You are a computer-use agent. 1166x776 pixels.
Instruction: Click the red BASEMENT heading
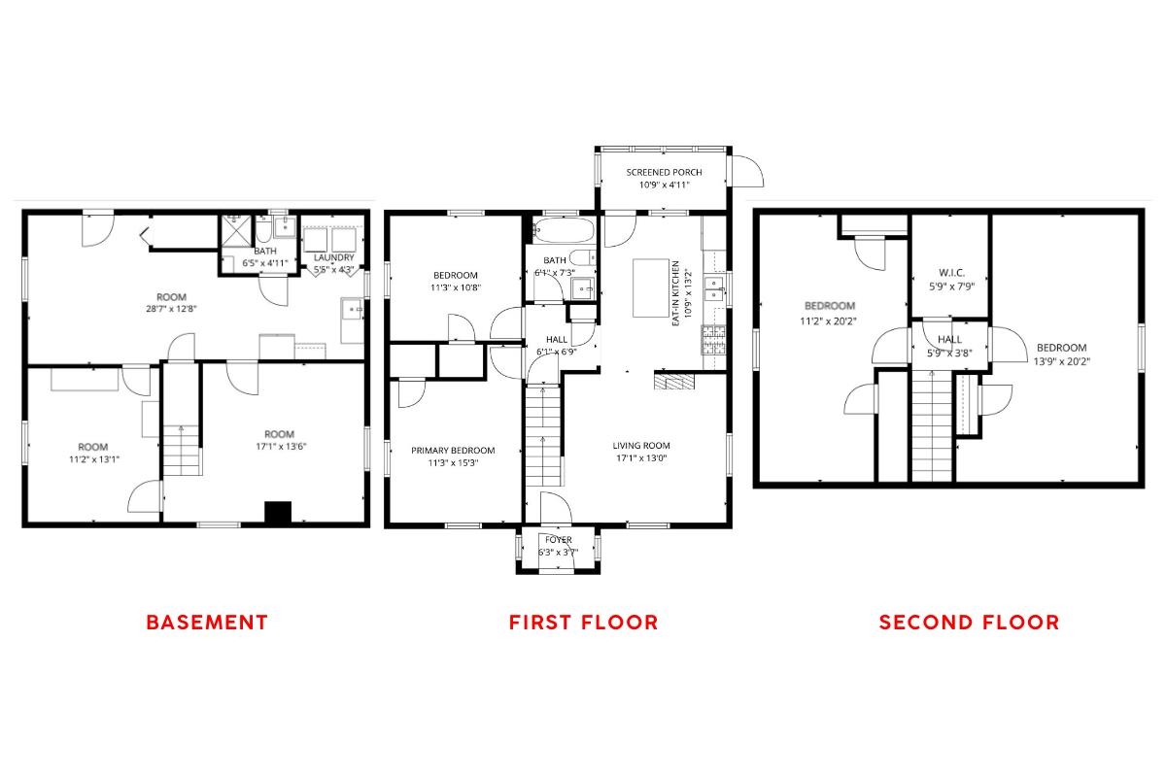(206, 623)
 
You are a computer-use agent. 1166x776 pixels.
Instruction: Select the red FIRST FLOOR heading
(583, 623)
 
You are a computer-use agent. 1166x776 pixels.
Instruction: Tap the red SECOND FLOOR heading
(969, 623)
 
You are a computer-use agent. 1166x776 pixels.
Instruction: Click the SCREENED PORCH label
(664, 173)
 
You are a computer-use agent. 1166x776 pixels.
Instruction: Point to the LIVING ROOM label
(639, 446)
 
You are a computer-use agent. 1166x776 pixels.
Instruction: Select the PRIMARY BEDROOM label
(453, 451)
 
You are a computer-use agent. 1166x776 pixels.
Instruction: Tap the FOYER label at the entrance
(558, 540)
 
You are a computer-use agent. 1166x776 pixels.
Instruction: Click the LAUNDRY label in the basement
(333, 258)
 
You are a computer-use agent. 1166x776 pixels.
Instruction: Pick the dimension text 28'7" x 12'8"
(171, 310)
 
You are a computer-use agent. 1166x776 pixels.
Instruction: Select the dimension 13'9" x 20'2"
(1061, 360)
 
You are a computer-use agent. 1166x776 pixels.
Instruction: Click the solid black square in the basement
(278, 513)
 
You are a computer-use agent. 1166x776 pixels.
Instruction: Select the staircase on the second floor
(931, 427)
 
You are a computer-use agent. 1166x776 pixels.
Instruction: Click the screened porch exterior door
(747, 172)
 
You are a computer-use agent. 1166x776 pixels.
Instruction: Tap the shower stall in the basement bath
(236, 230)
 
